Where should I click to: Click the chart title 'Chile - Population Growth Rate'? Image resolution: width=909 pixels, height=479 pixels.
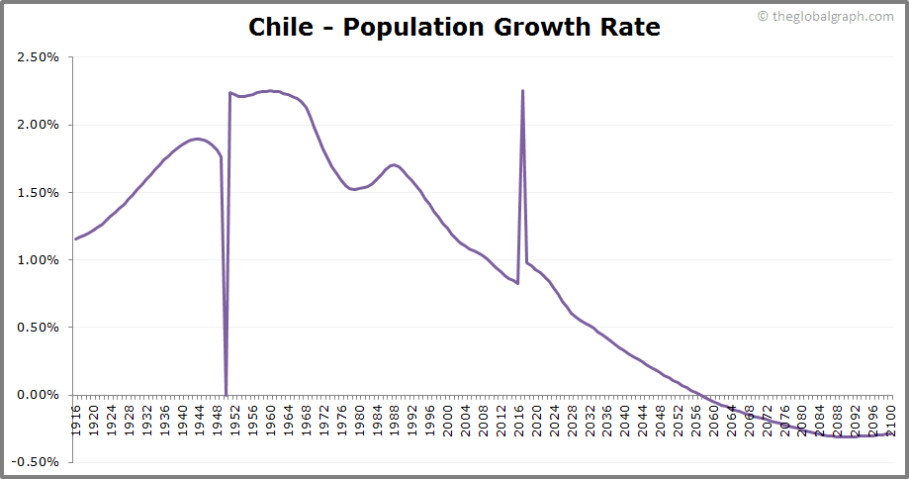point(454,27)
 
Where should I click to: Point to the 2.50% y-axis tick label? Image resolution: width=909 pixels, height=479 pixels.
point(39,57)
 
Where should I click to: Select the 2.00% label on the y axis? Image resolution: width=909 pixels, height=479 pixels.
point(39,125)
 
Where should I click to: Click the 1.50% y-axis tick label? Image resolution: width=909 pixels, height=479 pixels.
point(39,192)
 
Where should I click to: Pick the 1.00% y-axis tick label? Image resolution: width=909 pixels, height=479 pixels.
point(39,259)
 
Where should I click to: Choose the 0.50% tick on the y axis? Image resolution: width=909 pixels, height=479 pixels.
point(39,327)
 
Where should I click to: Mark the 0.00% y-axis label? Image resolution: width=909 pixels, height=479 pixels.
point(39,394)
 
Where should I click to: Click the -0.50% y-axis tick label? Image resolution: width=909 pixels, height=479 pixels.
point(37,461)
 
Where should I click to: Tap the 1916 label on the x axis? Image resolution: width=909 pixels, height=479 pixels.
point(76,415)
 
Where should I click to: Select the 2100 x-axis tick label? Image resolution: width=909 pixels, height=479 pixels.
point(891,415)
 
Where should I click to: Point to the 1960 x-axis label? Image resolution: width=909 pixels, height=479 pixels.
point(271,415)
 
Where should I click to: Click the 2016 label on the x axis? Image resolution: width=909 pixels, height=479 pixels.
point(519,415)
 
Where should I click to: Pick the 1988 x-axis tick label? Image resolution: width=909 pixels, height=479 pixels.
point(395,415)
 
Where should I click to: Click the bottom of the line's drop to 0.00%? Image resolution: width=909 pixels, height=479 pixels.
point(227,394)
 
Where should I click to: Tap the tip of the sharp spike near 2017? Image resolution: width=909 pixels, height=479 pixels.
point(522,91)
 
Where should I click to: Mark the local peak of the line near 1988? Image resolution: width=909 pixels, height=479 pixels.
point(394,165)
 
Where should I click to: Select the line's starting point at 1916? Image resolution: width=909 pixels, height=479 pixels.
point(75,239)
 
